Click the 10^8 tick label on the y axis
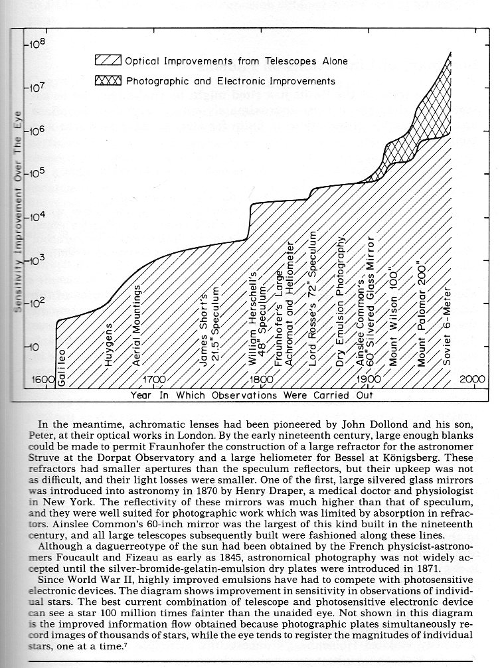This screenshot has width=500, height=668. pos(34,45)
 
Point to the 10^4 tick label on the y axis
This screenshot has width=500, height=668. pos(34,216)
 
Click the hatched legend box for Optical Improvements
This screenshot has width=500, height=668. pos(108,61)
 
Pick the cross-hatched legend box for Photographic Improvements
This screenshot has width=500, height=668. pos(108,80)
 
